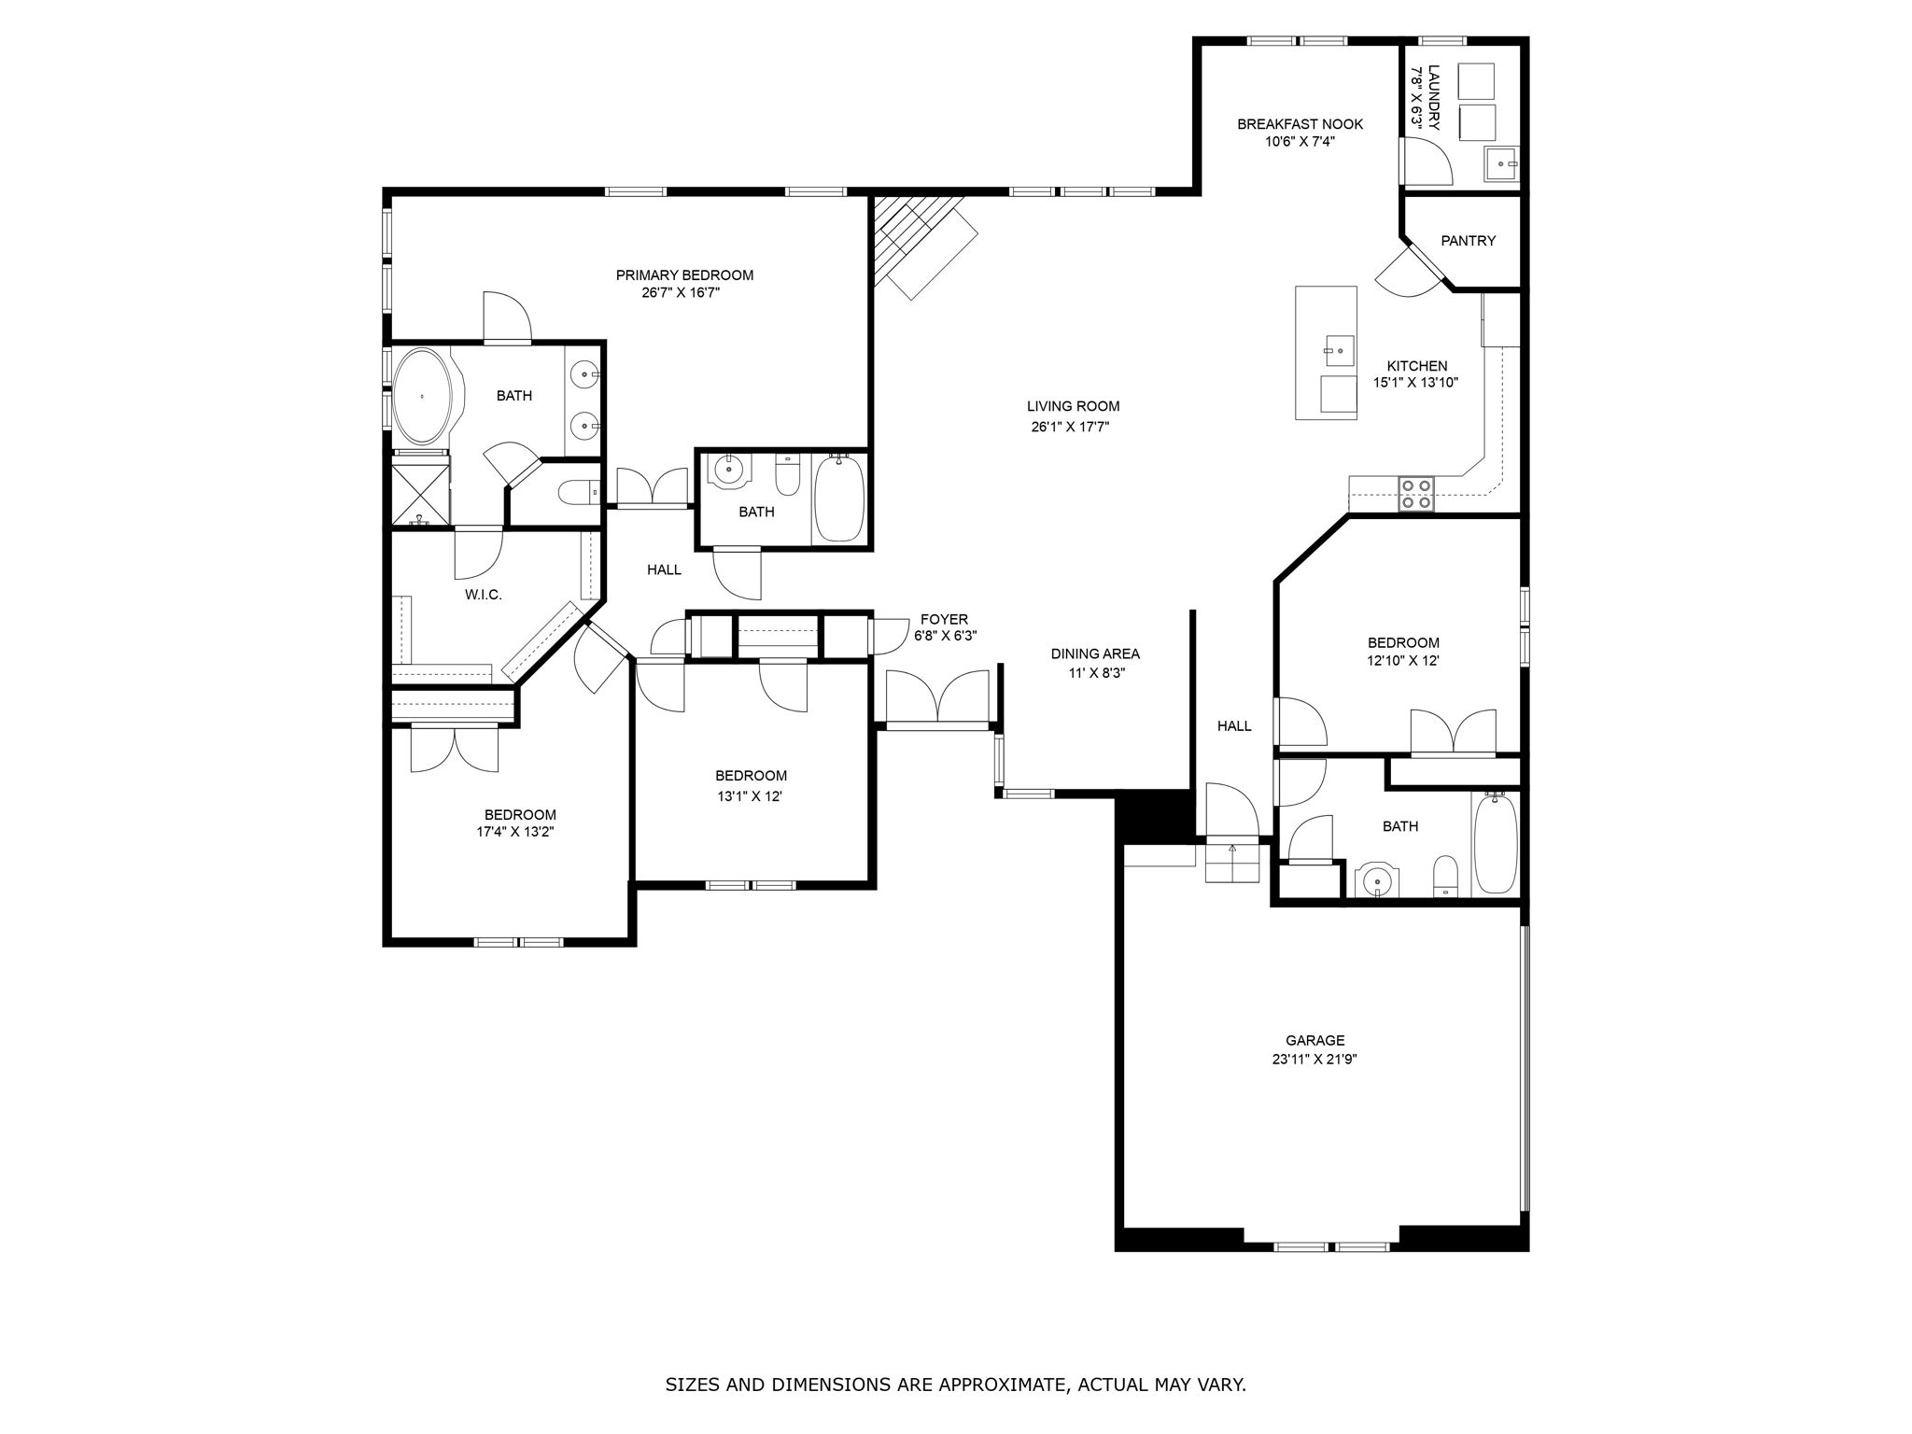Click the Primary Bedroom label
(684, 275)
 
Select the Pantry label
(1468, 241)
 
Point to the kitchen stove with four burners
(1414, 494)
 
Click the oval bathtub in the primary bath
(423, 396)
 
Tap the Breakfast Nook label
(1300, 124)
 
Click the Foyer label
(944, 619)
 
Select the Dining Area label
(1095, 654)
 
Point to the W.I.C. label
(484, 595)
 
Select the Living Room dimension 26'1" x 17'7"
(1070, 427)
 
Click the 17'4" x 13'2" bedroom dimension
(516, 831)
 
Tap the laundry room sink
(1501, 163)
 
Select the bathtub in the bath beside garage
(1495, 843)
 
